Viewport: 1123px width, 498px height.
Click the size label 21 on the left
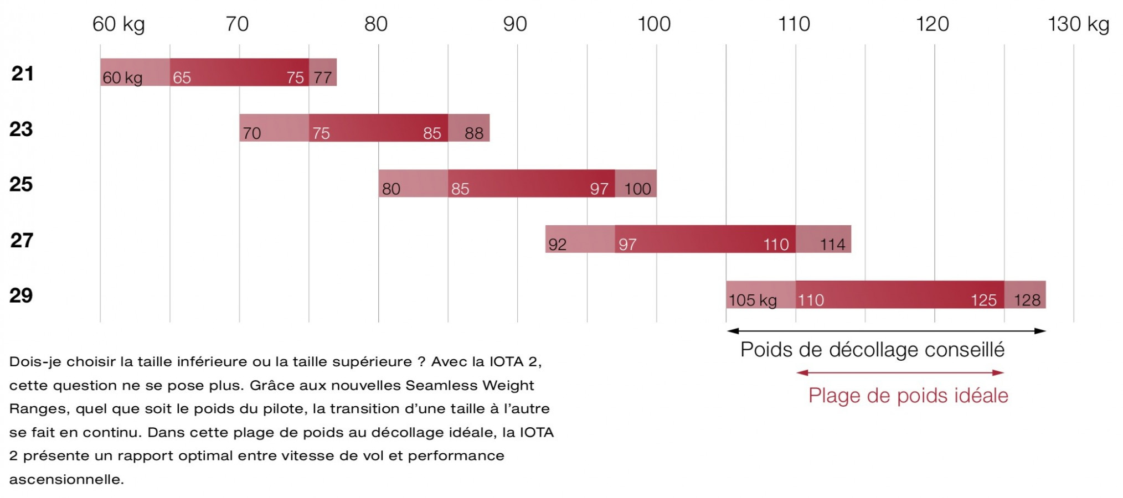(x=22, y=73)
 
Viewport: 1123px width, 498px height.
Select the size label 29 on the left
(x=21, y=295)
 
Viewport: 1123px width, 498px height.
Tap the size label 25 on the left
(x=21, y=184)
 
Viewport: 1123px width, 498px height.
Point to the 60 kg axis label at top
(x=118, y=24)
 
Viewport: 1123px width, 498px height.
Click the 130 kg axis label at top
(x=1078, y=24)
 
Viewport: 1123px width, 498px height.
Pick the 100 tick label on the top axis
(x=654, y=24)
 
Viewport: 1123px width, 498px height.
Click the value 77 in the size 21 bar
(x=323, y=77)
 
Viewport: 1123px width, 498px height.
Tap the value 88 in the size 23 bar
(x=474, y=133)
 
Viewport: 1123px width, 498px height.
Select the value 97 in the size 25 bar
(x=599, y=189)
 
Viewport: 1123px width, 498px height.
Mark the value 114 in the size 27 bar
(x=832, y=245)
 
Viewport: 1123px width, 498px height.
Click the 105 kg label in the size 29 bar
(x=753, y=300)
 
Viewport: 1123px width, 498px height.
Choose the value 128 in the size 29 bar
(x=1027, y=300)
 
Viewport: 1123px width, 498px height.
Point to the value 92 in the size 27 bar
(x=558, y=245)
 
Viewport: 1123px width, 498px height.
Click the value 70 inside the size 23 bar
(x=251, y=133)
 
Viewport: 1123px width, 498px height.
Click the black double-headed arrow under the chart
(x=886, y=331)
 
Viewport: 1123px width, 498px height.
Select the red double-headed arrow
(x=900, y=372)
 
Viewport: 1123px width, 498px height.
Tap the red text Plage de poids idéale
(x=908, y=396)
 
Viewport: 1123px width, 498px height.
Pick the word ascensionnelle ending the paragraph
(x=66, y=479)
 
